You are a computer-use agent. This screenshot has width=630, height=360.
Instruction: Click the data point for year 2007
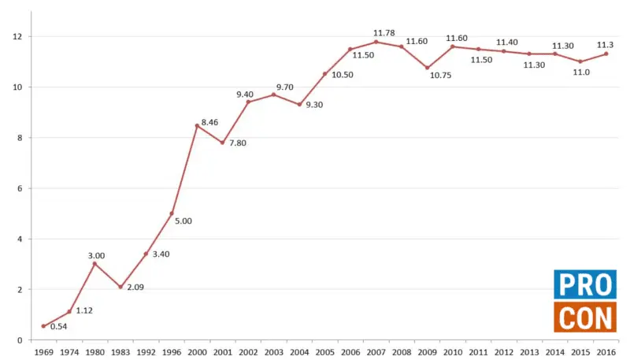(x=376, y=42)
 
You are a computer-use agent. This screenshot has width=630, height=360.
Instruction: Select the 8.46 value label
(x=209, y=122)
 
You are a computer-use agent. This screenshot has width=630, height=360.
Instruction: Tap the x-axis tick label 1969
(x=43, y=352)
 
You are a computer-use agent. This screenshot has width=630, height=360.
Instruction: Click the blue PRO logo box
(x=584, y=284)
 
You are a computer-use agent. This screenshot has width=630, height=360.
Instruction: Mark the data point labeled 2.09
(x=120, y=287)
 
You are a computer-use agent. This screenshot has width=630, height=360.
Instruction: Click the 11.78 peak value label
(x=384, y=33)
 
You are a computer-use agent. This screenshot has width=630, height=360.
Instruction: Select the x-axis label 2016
(x=606, y=352)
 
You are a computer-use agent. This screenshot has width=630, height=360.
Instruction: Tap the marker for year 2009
(x=427, y=68)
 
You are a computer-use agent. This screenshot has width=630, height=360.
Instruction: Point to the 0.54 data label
(x=58, y=325)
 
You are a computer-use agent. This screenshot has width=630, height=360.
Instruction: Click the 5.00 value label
(x=183, y=221)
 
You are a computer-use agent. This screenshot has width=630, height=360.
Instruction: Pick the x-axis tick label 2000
(x=197, y=352)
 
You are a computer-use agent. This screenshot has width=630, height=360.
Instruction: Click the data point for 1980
(x=94, y=264)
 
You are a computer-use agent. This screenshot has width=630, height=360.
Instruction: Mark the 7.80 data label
(x=238, y=143)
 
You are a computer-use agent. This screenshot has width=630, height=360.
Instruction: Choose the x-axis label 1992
(x=146, y=352)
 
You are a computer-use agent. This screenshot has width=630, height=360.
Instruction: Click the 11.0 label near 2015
(x=581, y=72)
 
